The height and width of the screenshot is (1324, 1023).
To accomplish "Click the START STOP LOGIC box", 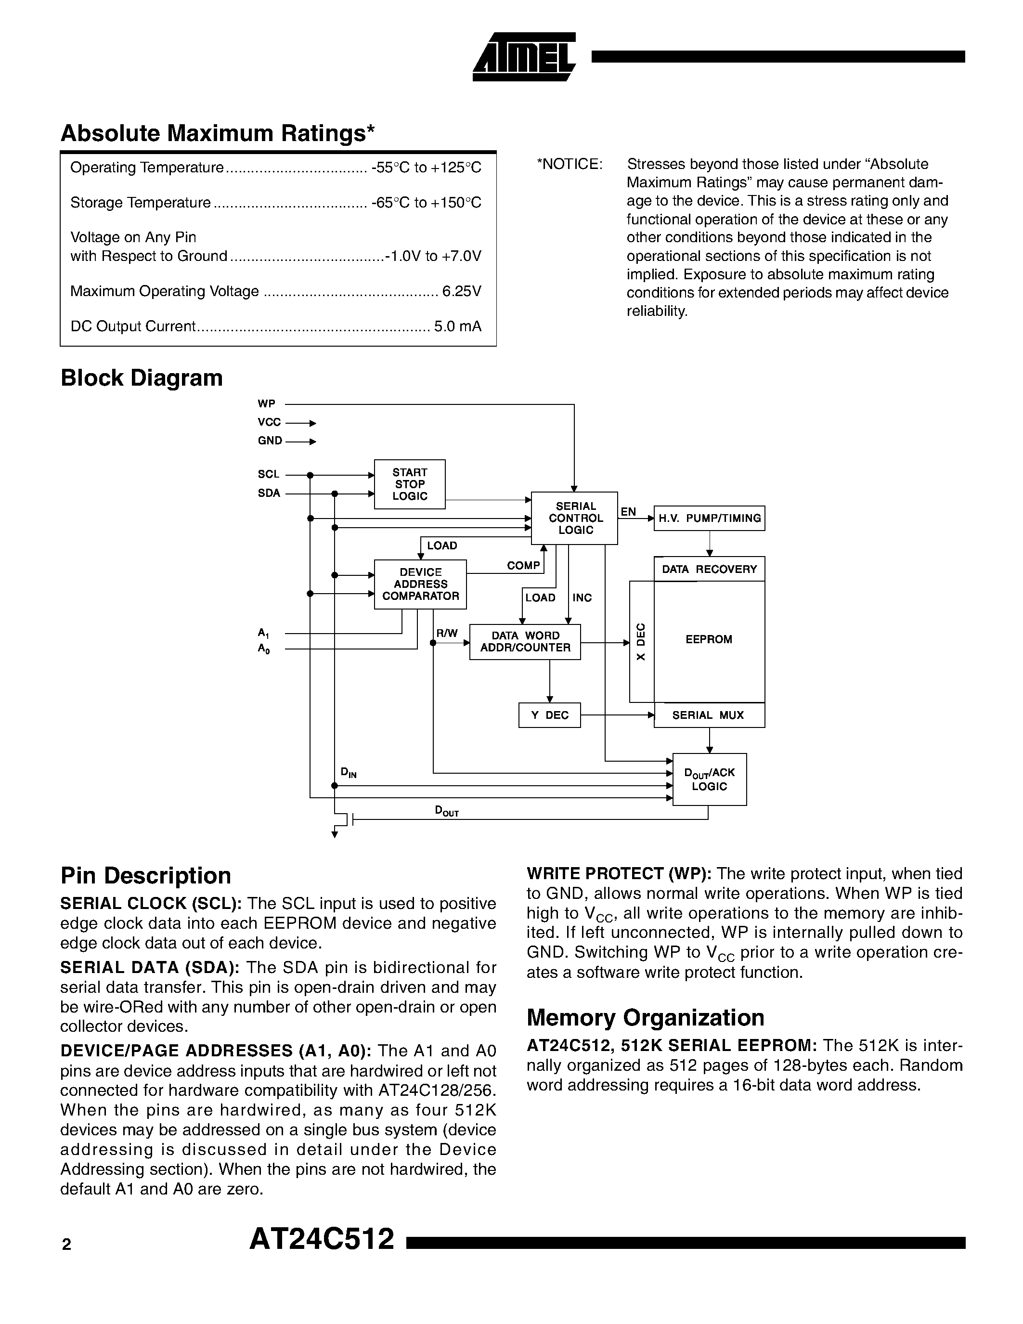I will [410, 484].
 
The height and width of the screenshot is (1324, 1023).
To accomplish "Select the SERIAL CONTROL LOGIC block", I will [574, 518].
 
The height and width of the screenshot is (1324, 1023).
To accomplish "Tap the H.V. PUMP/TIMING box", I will [709, 519].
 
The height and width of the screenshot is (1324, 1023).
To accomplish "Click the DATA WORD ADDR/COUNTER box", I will [525, 641].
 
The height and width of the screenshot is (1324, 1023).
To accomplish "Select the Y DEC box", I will [549, 715].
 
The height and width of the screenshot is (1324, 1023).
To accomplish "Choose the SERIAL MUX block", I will [709, 715].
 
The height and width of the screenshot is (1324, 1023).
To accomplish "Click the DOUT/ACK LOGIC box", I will [709, 779].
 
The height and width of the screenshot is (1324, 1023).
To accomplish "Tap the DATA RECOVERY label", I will [709, 569].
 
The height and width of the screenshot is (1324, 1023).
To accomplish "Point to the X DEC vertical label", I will [641, 641].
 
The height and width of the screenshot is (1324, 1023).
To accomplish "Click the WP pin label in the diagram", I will [266, 404].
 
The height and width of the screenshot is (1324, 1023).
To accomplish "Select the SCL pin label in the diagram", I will [268, 474].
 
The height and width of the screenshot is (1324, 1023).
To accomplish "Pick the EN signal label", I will [628, 512].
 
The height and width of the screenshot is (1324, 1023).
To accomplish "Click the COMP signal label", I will [523, 566].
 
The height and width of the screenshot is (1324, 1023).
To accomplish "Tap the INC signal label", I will [582, 598].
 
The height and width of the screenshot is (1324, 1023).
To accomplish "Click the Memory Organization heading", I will [645, 1017].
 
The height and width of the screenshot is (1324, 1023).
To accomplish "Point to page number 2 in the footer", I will [66, 1245].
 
